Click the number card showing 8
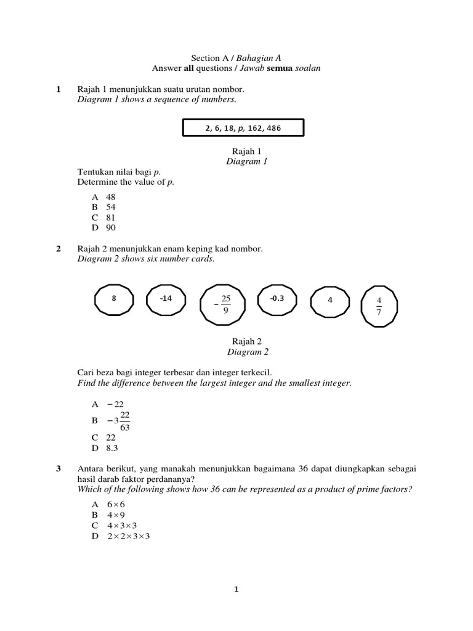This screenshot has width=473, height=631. point(114,299)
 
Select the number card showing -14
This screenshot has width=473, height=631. point(165,299)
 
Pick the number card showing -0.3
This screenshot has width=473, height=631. point(277,299)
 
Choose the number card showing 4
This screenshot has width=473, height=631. point(330,301)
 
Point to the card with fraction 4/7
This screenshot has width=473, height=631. point(379,305)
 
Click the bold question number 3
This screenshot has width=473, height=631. point(59,469)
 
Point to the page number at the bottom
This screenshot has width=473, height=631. point(236,589)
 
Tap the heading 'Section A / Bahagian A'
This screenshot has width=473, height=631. point(236,57)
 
